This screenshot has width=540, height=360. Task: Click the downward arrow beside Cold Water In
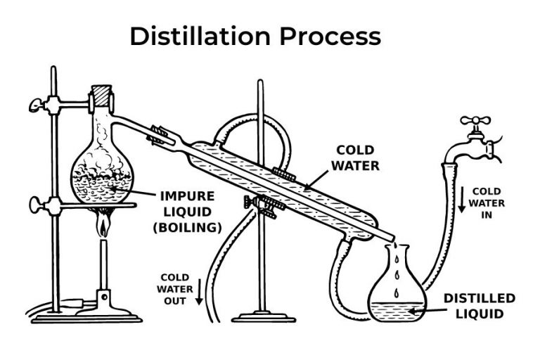click(461, 200)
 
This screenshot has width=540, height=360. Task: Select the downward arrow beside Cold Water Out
click(199, 290)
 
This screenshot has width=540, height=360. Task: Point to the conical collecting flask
click(398, 292)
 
